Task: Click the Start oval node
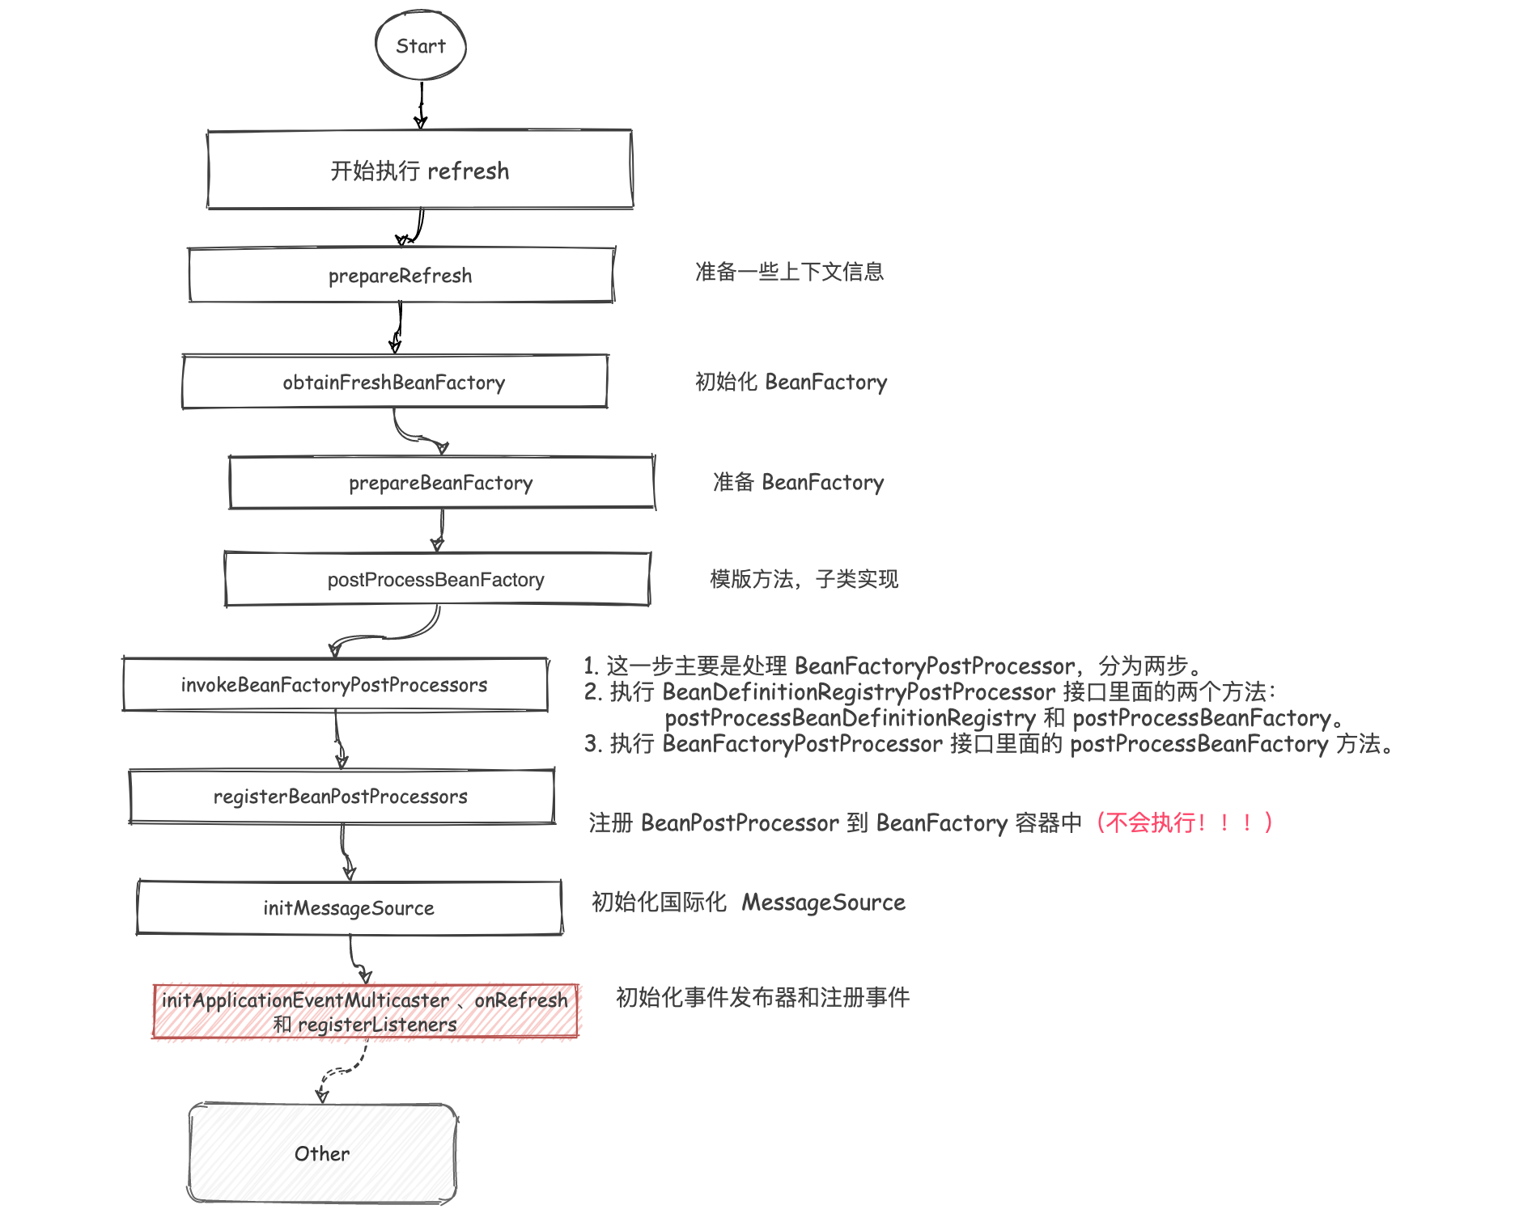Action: pyautogui.click(x=421, y=46)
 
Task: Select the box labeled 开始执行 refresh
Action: pyautogui.click(x=420, y=170)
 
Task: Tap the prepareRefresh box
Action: pyautogui.click(x=401, y=276)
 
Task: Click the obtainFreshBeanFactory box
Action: pyautogui.click(x=394, y=382)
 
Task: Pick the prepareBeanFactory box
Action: pyautogui.click(x=441, y=483)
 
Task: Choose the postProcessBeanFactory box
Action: pyautogui.click(x=436, y=579)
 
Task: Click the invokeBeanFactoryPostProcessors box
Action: pyautogui.click(x=334, y=685)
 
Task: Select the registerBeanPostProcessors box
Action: pyautogui.click(x=341, y=797)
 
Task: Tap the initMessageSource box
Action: pyautogui.click(x=349, y=907)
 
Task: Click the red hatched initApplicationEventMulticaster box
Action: pyautogui.click(x=365, y=1011)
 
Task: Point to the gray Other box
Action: pyautogui.click(x=322, y=1153)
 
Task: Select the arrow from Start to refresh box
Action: pyautogui.click(x=421, y=105)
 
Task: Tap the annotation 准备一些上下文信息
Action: pyautogui.click(x=789, y=272)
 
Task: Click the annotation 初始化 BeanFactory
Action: pyautogui.click(x=791, y=382)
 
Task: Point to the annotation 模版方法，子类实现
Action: pyautogui.click(x=804, y=579)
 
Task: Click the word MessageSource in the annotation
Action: pyautogui.click(x=823, y=902)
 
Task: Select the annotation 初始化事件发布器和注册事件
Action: pyautogui.click(x=762, y=997)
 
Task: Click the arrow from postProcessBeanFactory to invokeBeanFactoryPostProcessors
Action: pyautogui.click(x=388, y=636)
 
